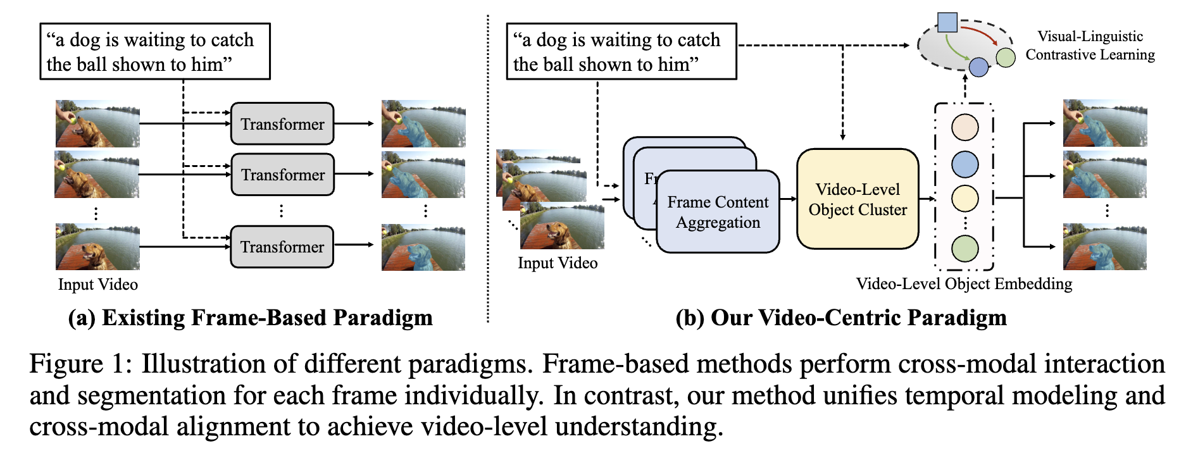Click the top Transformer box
point(282,124)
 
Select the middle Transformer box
point(282,175)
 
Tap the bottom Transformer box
point(282,247)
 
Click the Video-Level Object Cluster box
point(858,199)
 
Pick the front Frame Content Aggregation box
point(718,212)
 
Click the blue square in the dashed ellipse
point(947,23)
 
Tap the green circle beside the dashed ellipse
point(1006,58)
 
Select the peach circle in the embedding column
point(965,127)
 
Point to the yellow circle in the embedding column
point(965,199)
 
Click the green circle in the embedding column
point(965,249)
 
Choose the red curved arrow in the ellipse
point(981,32)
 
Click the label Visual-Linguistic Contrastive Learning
point(1090,46)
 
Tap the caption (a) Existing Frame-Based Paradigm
point(251,318)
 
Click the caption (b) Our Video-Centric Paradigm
point(841,318)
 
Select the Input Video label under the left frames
point(98,285)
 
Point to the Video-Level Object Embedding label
point(964,284)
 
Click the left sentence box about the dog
point(155,52)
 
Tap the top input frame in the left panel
point(97,123)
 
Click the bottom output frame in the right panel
point(1105,247)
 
